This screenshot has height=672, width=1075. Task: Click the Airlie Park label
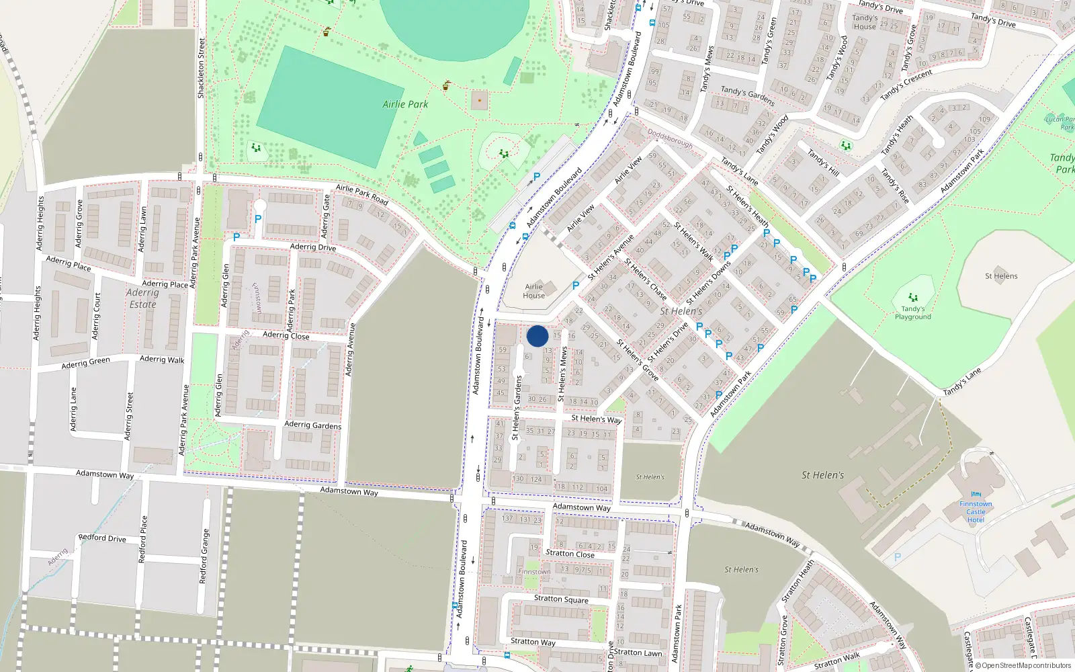click(405, 104)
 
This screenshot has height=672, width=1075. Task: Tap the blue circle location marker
click(537, 336)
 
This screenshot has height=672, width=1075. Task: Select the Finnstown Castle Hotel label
click(976, 512)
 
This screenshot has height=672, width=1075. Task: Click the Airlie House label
click(534, 291)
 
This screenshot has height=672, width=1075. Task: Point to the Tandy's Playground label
click(912, 313)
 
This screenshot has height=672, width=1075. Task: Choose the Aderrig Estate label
click(142, 298)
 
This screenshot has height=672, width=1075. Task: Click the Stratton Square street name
click(561, 599)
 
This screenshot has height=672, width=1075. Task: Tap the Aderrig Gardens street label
click(312, 425)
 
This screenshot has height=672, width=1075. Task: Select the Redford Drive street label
click(102, 538)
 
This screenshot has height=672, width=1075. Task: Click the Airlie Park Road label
click(362, 195)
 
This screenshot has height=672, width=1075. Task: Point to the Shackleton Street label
click(201, 68)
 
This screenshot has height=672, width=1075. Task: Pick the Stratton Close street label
click(570, 554)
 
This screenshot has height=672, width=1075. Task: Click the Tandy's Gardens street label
click(747, 95)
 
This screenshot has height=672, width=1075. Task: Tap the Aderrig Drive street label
click(313, 247)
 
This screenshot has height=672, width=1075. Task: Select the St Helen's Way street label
click(596, 419)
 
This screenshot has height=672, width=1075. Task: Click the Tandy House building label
click(865, 22)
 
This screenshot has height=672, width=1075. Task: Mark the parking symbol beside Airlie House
click(576, 286)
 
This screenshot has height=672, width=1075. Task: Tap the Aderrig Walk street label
click(162, 360)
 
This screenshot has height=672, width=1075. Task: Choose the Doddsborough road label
click(670, 140)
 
